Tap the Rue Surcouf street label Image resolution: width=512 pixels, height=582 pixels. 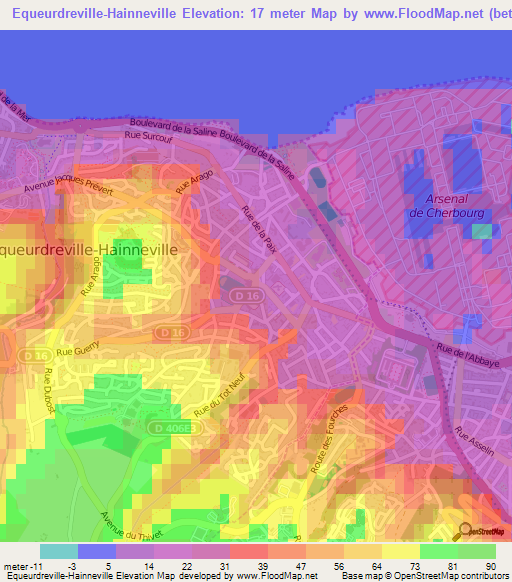point(148,134)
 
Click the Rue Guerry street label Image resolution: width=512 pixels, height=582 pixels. point(75,351)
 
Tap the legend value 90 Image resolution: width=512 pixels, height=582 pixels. point(490,566)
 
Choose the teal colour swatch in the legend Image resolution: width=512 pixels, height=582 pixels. point(59,551)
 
